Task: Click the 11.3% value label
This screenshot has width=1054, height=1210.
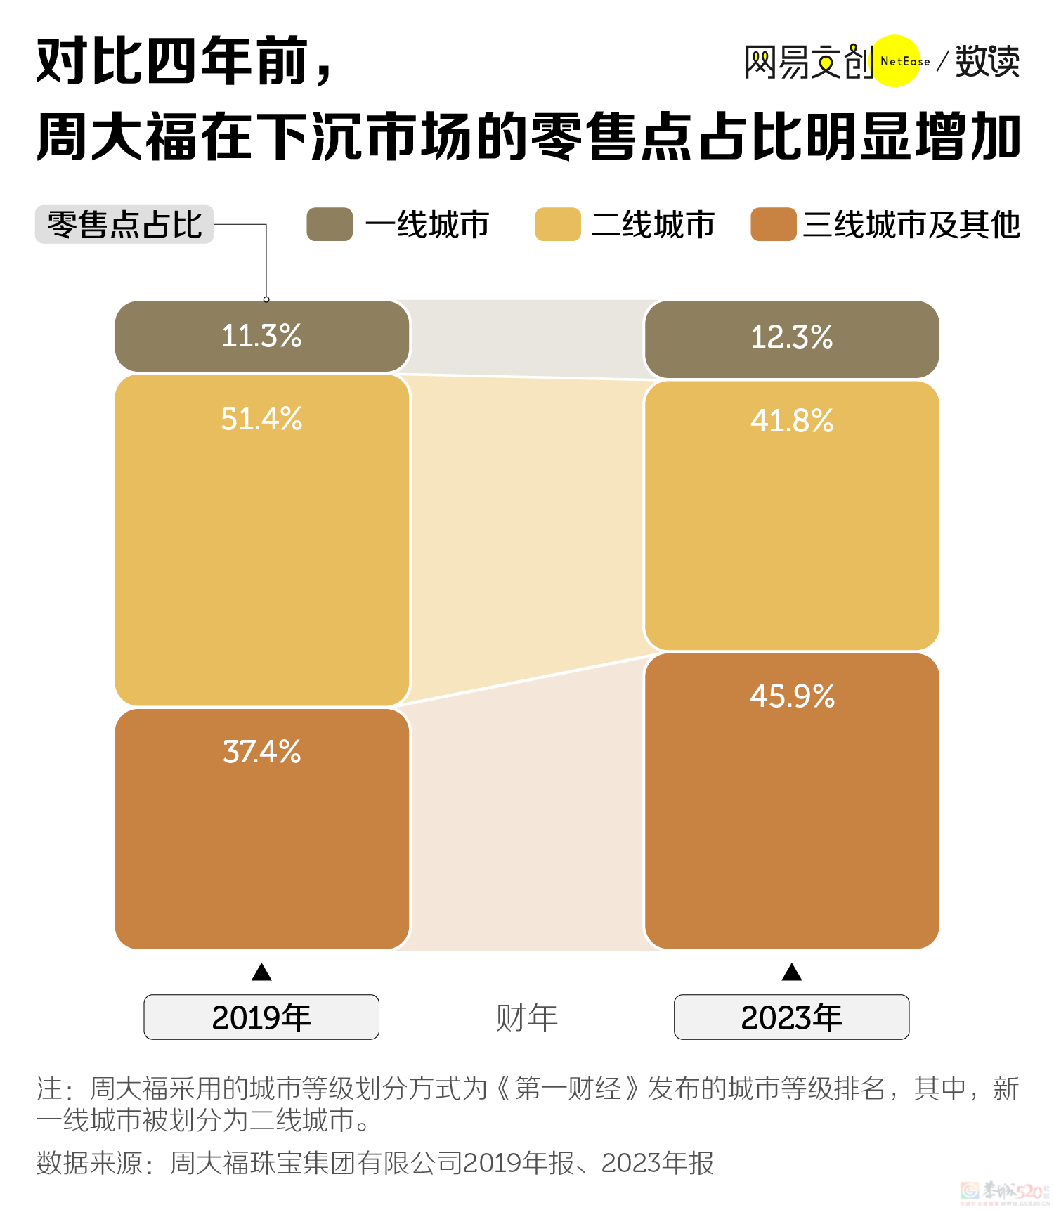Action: point(261,336)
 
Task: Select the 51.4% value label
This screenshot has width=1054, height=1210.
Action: point(261,419)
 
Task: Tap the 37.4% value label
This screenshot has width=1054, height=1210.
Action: point(261,752)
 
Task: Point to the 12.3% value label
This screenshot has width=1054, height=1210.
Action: point(792,337)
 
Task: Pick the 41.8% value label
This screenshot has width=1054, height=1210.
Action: point(792,421)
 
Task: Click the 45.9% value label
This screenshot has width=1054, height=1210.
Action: point(792,696)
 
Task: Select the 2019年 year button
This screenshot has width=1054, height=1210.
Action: point(261,1017)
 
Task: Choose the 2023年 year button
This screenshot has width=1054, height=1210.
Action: point(791,1017)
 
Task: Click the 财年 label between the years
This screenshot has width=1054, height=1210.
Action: point(526,1017)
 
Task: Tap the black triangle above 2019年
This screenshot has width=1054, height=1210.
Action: point(261,972)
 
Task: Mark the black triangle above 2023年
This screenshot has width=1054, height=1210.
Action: point(792,972)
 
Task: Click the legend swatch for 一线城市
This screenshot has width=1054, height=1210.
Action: point(330,225)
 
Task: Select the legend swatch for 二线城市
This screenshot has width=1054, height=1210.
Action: point(558,225)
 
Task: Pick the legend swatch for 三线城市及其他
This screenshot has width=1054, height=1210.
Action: point(773,225)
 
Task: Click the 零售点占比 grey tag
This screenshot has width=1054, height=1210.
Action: point(124,225)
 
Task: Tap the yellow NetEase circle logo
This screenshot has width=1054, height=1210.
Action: point(896,61)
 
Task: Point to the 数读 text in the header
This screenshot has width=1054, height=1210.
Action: point(987,62)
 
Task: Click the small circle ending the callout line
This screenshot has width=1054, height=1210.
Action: point(266,299)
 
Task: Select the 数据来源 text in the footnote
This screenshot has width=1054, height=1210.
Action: point(89,1163)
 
